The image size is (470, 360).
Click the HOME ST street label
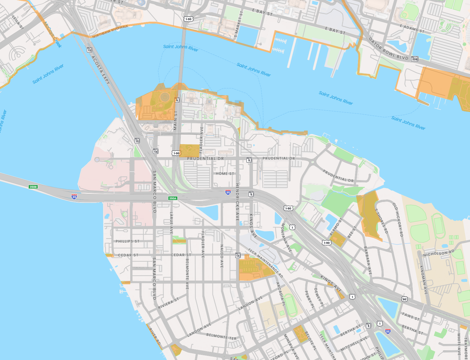pos(225,174)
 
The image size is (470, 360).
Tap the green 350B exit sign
pos(33,187)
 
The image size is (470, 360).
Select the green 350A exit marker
pos(173,198)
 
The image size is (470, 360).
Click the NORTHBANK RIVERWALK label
pos(110,31)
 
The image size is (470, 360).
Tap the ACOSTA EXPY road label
pos(101,70)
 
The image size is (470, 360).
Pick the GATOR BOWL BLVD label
pos(388,49)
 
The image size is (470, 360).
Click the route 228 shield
pos(415,59)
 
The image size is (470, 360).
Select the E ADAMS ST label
pos(412,29)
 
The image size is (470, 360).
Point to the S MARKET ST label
pos(238,24)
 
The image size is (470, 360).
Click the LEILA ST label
pos(18,23)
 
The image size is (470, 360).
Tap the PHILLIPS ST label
pos(127,241)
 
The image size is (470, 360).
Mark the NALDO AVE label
pos(222,256)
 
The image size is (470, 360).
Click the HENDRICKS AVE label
pos(238,202)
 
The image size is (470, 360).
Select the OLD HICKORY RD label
pos(398,219)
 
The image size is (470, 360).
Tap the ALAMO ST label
pos(335,227)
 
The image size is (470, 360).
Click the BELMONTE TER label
pos(221,336)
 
